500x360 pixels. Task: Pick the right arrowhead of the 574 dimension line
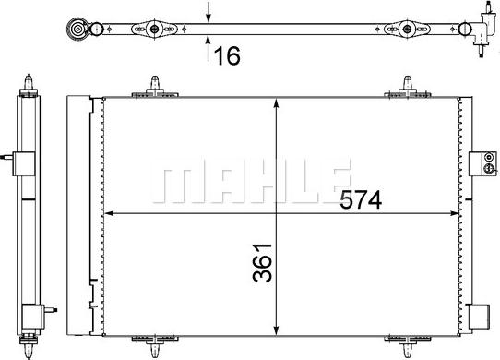pyautogui.click(x=455, y=215)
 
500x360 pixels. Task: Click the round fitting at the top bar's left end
pyautogui.click(x=82, y=30)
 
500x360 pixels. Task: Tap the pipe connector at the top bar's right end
pyautogui.click(x=482, y=28)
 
